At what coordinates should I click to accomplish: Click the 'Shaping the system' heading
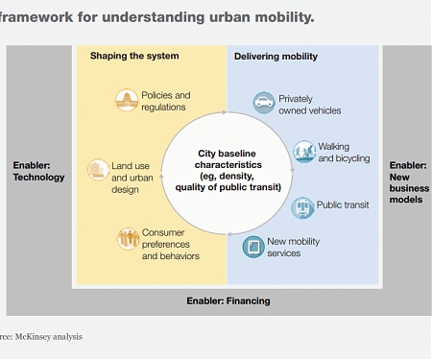pyautogui.click(x=134, y=57)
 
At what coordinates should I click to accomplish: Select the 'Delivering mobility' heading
pyautogui.click(x=276, y=57)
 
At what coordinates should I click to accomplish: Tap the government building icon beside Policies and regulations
pyautogui.click(x=126, y=100)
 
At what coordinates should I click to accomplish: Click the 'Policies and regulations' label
pyautogui.click(x=164, y=101)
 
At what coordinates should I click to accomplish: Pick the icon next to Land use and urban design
pyautogui.click(x=97, y=170)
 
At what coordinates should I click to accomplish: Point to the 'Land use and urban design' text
pyautogui.click(x=132, y=178)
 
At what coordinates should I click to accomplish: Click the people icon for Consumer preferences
pyautogui.click(x=128, y=239)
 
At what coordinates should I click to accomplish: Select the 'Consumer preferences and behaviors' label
pyautogui.click(x=170, y=244)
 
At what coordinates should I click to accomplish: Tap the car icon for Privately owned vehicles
pyautogui.click(x=263, y=103)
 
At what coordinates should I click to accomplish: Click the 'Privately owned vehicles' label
pyautogui.click(x=309, y=104)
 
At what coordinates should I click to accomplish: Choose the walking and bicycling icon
pyautogui.click(x=303, y=151)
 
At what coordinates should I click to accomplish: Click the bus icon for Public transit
pyautogui.click(x=302, y=204)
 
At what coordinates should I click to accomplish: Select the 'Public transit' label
pyautogui.click(x=343, y=204)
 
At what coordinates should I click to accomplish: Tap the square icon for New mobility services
pyautogui.click(x=253, y=247)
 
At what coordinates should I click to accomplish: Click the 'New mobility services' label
pyautogui.click(x=297, y=247)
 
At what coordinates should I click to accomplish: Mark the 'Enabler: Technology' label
pyautogui.click(x=38, y=171)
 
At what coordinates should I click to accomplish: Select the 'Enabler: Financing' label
pyautogui.click(x=228, y=300)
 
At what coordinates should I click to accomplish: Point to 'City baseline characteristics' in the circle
pyautogui.click(x=228, y=170)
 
